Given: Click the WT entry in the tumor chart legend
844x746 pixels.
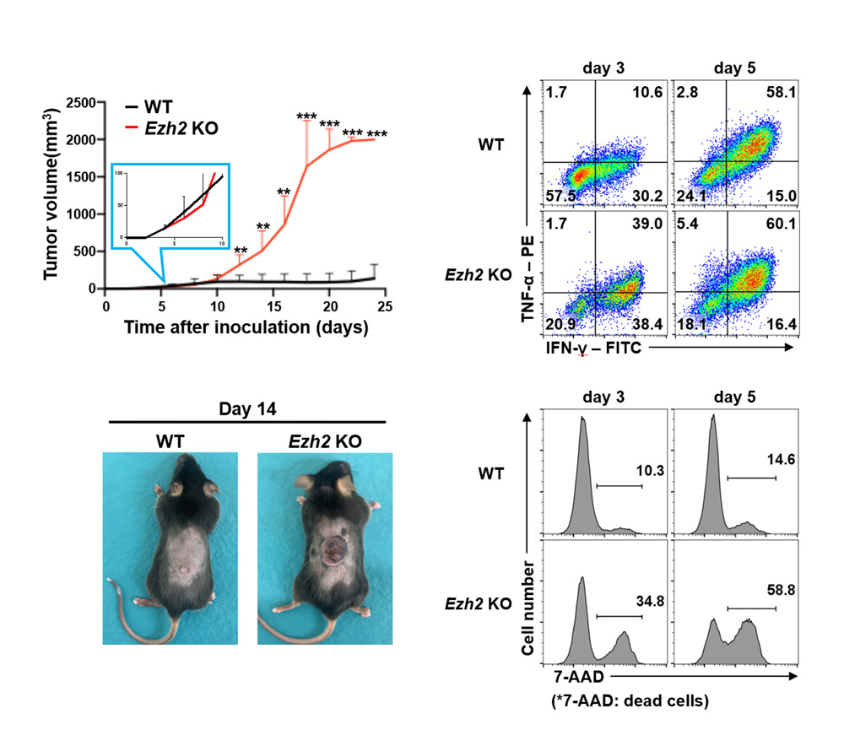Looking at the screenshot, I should pyautogui.click(x=155, y=107).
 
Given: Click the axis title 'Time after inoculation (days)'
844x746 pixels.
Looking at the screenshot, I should pyautogui.click(x=246, y=327).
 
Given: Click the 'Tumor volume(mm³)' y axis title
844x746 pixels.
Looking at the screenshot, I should pyautogui.click(x=52, y=195).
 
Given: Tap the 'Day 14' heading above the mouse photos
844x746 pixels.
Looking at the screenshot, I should pyautogui.click(x=246, y=410).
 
